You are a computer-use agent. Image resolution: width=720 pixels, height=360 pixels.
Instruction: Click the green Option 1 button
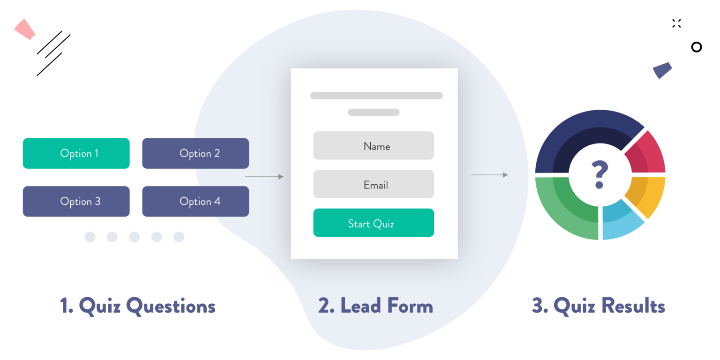[x=76, y=153]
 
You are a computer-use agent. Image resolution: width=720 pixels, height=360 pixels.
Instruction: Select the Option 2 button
[x=195, y=153]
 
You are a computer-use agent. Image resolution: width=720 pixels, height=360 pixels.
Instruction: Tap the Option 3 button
[x=76, y=202]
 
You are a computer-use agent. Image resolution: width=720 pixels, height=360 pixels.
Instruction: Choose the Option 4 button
[x=195, y=202]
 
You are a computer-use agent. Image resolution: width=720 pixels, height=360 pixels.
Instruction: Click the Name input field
[x=374, y=146]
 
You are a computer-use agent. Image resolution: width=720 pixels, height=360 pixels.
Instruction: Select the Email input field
[x=374, y=184]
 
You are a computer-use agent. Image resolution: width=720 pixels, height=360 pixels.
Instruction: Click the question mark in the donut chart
[x=600, y=174]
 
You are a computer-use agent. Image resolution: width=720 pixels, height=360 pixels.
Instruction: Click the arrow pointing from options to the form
[x=264, y=177]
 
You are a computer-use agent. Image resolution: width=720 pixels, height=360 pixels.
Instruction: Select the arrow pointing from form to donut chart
[x=489, y=175]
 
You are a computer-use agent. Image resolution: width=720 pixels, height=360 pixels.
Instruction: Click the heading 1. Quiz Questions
[x=138, y=306]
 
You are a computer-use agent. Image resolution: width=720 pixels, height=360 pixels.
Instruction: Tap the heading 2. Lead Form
[x=375, y=306]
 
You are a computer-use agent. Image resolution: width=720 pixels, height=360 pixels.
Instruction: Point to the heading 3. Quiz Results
[x=599, y=306]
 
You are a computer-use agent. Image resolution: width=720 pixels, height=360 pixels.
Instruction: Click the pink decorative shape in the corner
[x=25, y=29]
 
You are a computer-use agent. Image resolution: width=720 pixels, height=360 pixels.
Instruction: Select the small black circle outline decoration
[x=697, y=47]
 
